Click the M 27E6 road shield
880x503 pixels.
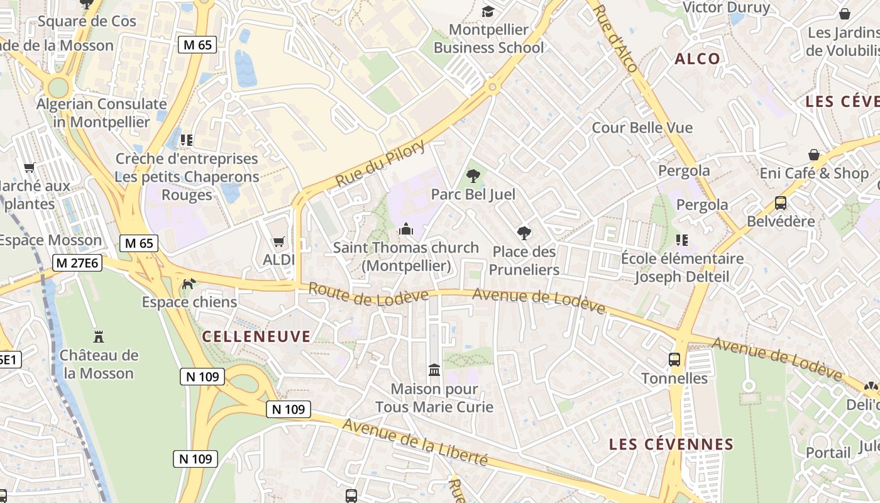tap(77, 263)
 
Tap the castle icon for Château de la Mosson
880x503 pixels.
tap(99, 336)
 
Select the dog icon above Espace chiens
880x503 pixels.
tap(188, 284)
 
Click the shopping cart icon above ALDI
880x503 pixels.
tap(279, 241)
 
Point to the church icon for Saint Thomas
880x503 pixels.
tap(406, 229)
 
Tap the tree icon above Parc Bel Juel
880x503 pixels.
tap(473, 176)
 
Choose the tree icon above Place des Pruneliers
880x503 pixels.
tap(524, 233)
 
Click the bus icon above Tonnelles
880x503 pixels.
tap(674, 360)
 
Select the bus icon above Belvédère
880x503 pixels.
tap(780, 203)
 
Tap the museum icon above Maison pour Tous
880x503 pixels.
tap(434, 370)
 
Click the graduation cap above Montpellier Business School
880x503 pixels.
tap(488, 11)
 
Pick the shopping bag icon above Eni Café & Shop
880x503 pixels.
tap(813, 155)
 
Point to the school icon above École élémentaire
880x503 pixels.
tap(681, 240)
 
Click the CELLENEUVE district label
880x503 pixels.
tap(256, 336)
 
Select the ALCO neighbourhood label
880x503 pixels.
tap(697, 59)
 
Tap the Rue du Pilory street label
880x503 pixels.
tap(380, 163)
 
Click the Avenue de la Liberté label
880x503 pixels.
tap(415, 441)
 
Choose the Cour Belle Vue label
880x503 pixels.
tap(642, 128)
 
